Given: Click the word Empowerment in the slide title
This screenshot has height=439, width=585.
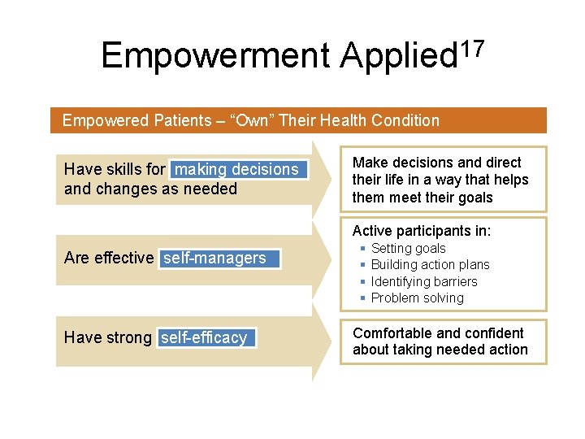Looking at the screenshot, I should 216,55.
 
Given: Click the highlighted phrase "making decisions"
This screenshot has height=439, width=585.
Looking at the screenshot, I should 237,169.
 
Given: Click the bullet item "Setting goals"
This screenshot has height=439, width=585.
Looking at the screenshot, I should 408,248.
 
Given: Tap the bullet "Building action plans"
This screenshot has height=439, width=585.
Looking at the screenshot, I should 430,264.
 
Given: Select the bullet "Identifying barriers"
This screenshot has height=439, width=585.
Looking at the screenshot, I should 424,281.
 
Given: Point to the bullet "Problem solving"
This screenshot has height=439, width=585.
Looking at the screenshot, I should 417,298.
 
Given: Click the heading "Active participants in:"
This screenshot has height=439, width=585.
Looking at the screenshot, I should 421,231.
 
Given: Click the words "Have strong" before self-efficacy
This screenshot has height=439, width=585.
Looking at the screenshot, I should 107,337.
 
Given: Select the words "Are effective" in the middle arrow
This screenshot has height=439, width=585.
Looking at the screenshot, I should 108,258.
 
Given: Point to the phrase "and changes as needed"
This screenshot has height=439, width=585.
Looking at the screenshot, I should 150,189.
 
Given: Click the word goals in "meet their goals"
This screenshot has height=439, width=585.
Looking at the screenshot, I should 474,198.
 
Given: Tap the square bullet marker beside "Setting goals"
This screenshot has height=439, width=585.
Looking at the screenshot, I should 362,248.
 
